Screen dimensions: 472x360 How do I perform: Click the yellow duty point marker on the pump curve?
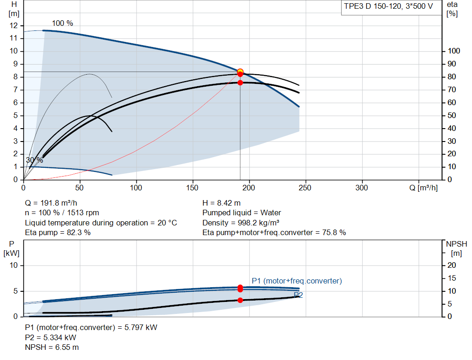240,71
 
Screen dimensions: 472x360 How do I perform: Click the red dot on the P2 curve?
240,300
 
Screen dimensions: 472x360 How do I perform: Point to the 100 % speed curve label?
62,23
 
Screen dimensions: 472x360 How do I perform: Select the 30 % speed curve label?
34,160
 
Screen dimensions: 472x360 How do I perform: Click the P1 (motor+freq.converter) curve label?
297,281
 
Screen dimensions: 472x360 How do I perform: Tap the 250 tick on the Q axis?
305,188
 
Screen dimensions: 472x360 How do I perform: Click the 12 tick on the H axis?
14,25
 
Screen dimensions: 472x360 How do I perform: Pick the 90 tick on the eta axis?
452,64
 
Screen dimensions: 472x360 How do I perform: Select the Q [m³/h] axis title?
423,188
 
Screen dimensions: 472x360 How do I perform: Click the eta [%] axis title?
452,9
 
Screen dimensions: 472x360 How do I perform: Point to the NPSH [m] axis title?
456,248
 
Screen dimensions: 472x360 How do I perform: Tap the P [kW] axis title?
12,248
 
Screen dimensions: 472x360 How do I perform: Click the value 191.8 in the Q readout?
50,203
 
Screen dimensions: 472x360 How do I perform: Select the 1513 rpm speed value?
83,213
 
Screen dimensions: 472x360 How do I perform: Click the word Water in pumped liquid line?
271,213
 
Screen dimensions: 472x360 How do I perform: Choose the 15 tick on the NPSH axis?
452,278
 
